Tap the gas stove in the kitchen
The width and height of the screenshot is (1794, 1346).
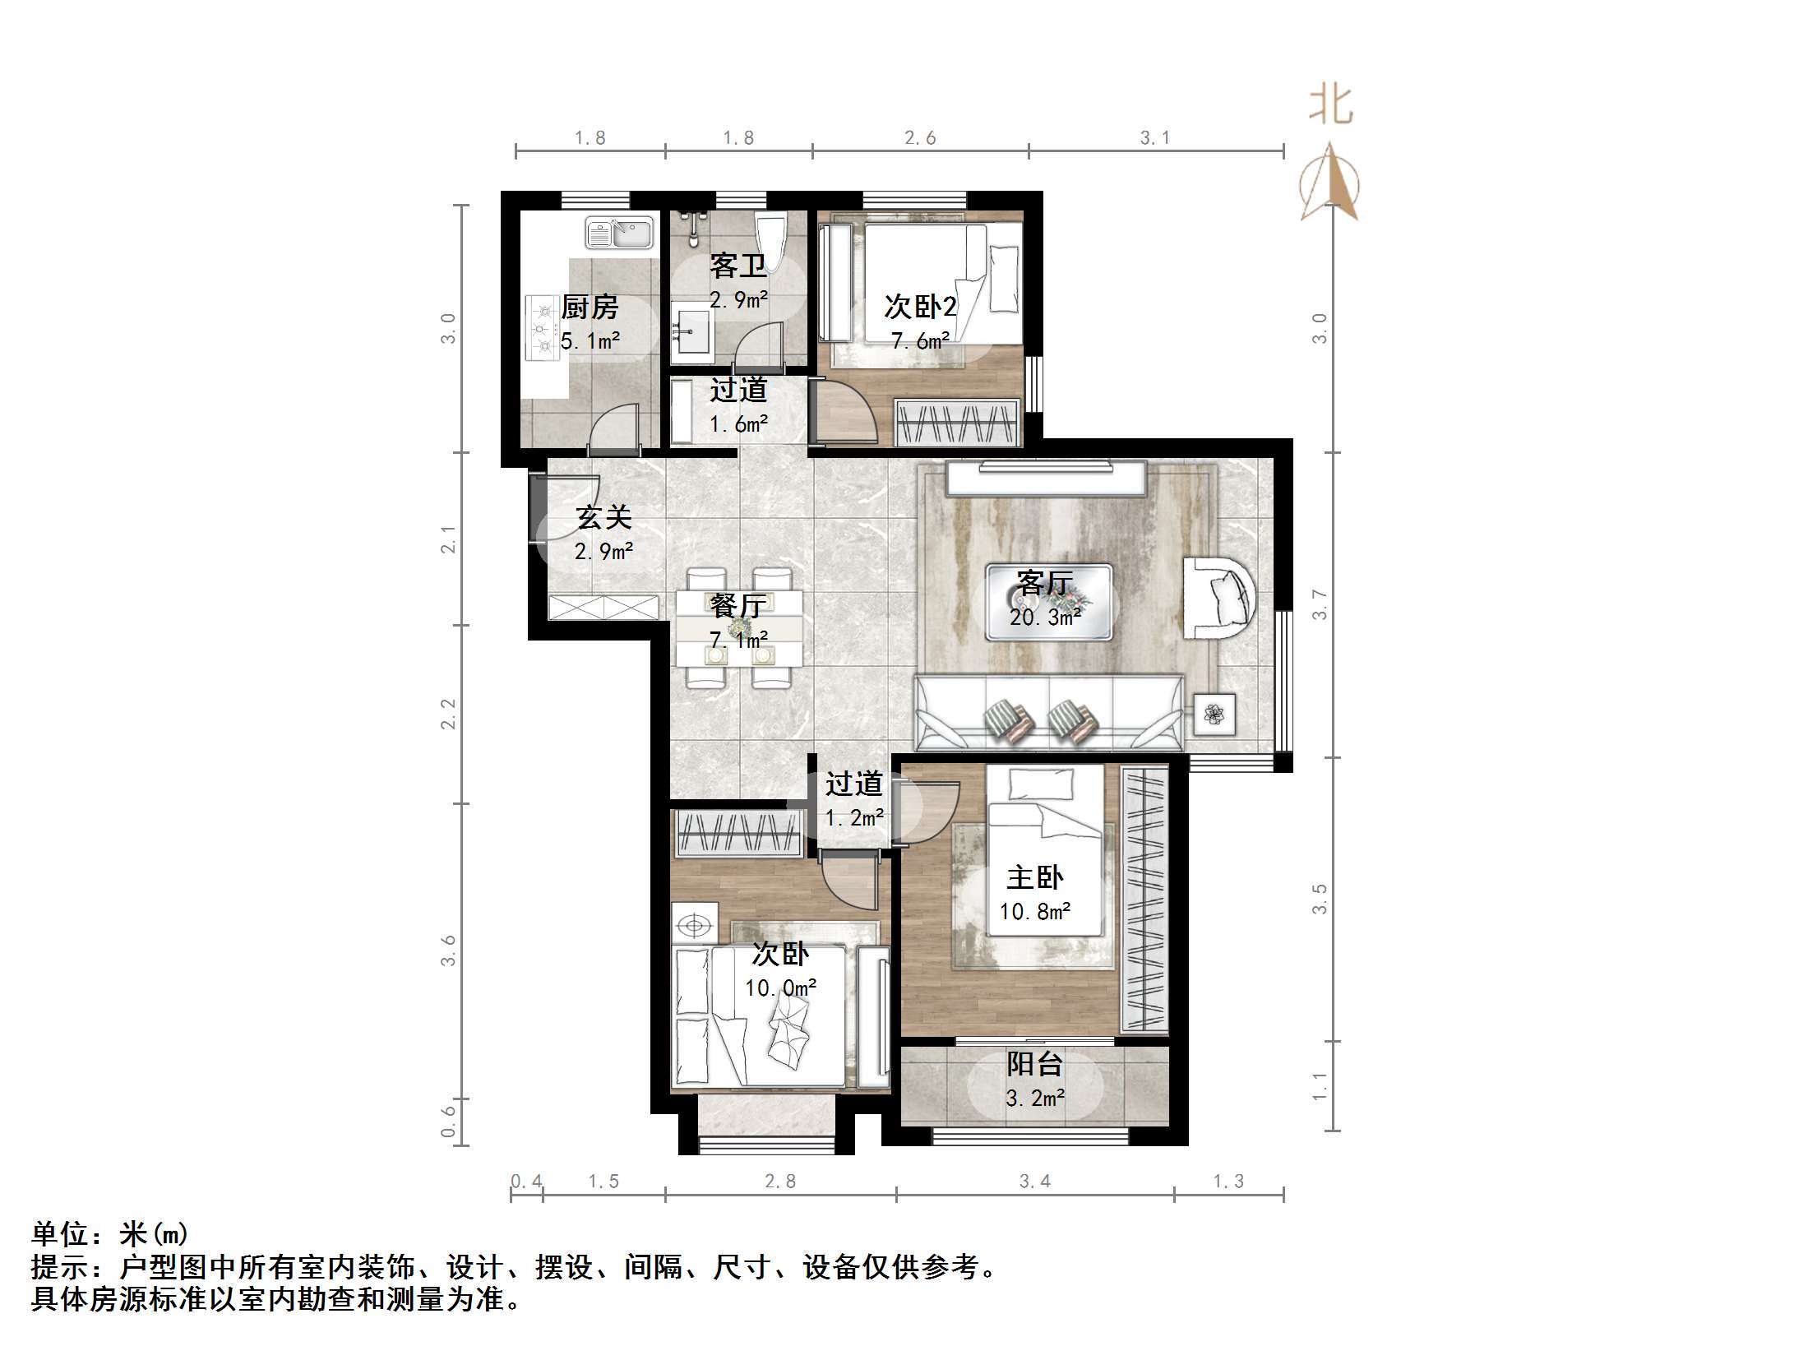[543, 330]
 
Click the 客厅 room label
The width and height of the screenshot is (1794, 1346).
[1044, 583]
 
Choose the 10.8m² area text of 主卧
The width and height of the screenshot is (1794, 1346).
[1034, 912]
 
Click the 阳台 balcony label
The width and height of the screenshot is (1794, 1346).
[1034, 1065]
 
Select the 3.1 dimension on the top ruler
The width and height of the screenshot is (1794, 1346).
[1154, 138]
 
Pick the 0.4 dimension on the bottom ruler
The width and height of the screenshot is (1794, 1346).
[526, 1182]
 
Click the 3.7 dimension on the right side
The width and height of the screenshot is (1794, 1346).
[1319, 604]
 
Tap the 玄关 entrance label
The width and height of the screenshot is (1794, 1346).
[603, 517]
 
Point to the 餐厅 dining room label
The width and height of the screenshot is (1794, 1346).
[737, 606]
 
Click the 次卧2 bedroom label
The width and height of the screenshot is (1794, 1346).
[919, 307]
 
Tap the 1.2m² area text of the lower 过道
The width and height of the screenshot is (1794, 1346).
[854, 818]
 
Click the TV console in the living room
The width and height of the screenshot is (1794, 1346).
[1045, 479]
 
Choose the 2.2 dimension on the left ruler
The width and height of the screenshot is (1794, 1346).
[448, 714]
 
